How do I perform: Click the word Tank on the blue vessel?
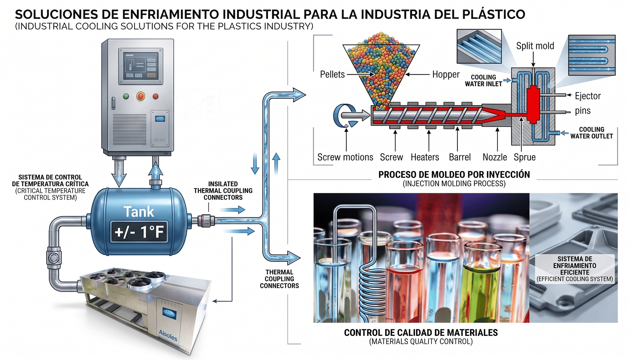click(139, 212)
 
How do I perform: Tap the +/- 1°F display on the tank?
click(139, 232)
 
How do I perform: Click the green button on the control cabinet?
click(126, 96)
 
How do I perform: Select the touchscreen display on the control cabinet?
click(141, 66)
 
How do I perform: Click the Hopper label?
click(446, 74)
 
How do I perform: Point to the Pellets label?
click(332, 74)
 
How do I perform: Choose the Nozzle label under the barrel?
click(495, 157)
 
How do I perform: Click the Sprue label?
click(524, 157)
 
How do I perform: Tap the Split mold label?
click(535, 46)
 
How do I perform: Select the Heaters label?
click(425, 157)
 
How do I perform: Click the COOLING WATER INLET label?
click(484, 81)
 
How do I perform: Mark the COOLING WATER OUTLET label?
click(592, 133)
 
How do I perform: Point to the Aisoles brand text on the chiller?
click(168, 335)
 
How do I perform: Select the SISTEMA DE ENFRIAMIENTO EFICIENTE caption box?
click(575, 269)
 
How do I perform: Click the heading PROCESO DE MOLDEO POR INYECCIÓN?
click(454, 175)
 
